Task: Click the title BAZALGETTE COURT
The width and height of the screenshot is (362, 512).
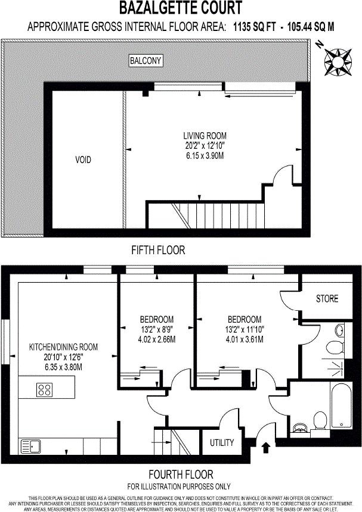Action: [x=181, y=8]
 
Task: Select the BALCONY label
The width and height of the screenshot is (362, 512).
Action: [x=146, y=61]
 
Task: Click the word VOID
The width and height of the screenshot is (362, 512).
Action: [x=83, y=160]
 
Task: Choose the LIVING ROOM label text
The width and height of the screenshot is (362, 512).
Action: [x=205, y=135]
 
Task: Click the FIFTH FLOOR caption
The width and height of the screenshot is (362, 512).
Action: [x=159, y=250]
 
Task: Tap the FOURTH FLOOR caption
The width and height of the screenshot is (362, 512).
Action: [x=181, y=474]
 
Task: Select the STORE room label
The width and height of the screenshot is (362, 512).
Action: [x=327, y=299]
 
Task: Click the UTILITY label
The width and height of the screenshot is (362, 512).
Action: [x=221, y=443]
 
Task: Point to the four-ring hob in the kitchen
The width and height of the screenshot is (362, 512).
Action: [x=45, y=390]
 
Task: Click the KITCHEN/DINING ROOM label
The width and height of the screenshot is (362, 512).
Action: [x=64, y=346]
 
